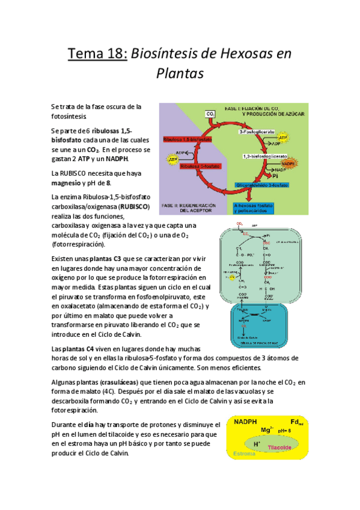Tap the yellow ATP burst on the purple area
click(x=172, y=161)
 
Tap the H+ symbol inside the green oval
click(x=257, y=444)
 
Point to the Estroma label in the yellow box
click(x=244, y=453)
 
